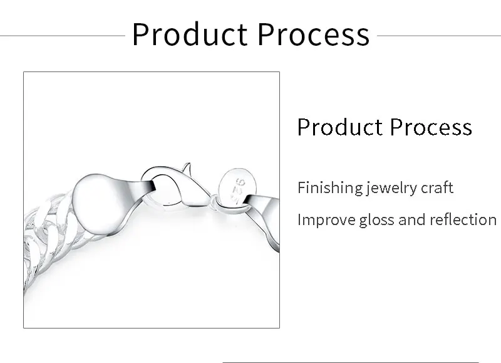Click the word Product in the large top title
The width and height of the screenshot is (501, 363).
click(x=190, y=34)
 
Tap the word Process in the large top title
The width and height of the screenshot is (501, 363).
click(x=314, y=34)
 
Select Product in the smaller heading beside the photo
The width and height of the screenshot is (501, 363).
click(x=340, y=127)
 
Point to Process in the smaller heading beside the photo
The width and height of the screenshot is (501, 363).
click(x=431, y=127)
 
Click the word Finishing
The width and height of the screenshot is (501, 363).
click(x=330, y=187)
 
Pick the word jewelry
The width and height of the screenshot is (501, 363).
click(x=392, y=187)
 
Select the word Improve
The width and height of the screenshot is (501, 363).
click(x=326, y=220)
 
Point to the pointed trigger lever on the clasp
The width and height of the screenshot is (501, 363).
click(x=187, y=168)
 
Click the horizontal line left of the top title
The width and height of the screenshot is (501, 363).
click(x=63, y=36)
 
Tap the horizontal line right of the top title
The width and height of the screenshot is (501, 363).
click(x=439, y=36)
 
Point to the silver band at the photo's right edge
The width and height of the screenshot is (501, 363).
click(x=264, y=218)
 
